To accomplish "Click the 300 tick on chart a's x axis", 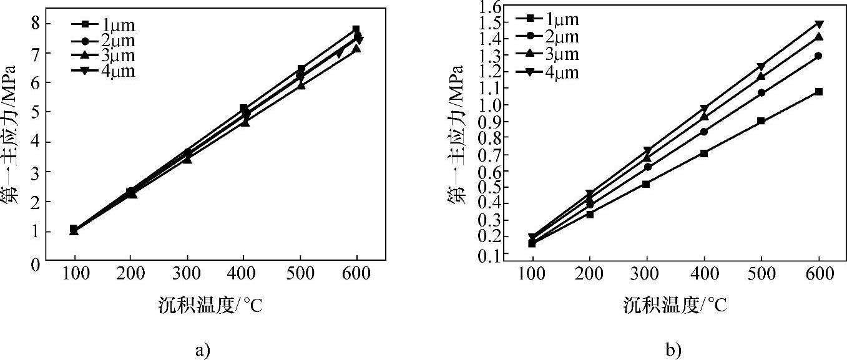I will click(x=187, y=275).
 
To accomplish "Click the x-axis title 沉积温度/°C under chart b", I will click(x=675, y=305).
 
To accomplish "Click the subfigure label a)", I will click(x=202, y=350).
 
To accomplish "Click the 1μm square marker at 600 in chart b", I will click(x=819, y=92).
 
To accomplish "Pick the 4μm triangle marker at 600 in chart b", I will click(x=819, y=24).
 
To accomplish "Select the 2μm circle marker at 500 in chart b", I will click(x=761, y=93).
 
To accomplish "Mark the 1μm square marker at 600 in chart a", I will click(x=356, y=29).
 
